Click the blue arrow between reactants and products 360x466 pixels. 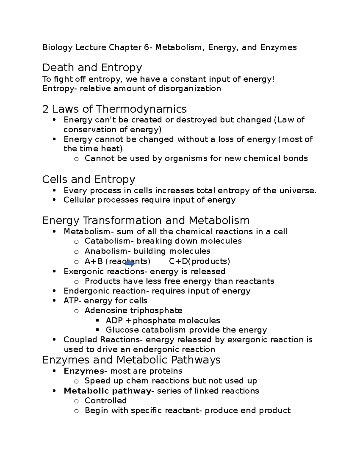tap(130, 263)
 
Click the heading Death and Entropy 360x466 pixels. tap(92, 68)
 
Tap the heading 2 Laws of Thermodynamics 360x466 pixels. tap(114, 109)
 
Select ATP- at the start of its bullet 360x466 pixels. tap(72, 301)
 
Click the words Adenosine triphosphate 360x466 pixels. tap(133, 310)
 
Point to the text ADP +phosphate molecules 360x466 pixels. tap(163, 320)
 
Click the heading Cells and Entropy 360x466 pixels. tap(88, 179)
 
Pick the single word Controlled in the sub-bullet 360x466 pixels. tap(106, 401)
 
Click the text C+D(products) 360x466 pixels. tap(199, 261)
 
